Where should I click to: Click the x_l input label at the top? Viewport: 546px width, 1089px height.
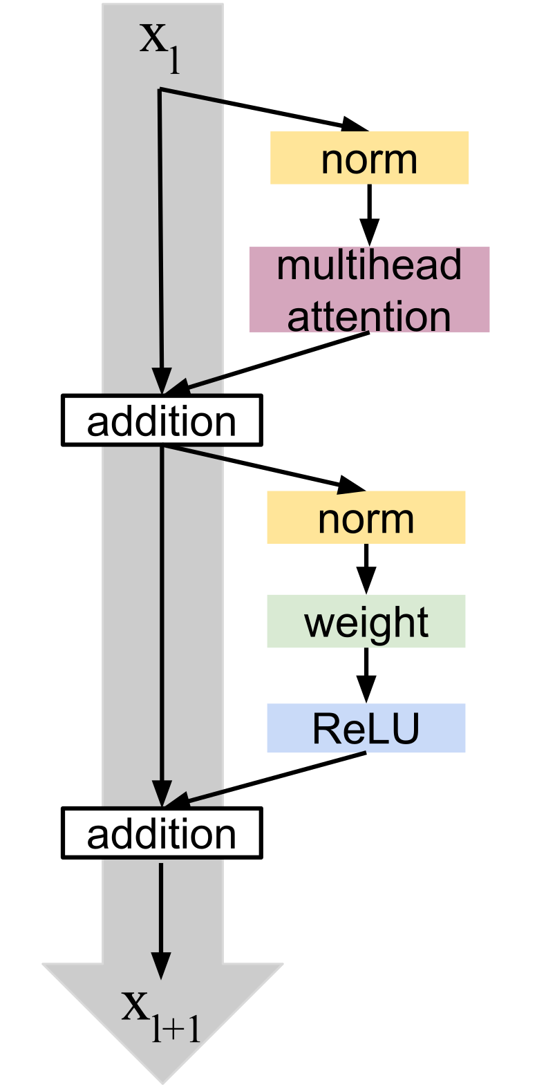click(x=160, y=45)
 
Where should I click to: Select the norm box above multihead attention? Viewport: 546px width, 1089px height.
click(x=369, y=158)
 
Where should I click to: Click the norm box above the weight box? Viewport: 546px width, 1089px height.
click(x=366, y=518)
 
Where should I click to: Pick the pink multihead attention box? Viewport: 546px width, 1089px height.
click(x=369, y=290)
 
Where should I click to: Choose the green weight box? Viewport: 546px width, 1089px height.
click(x=366, y=621)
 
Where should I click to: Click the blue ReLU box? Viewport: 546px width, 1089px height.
click(x=366, y=728)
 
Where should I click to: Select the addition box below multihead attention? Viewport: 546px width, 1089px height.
click(x=162, y=420)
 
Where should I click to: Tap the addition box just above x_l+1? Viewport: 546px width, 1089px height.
click(x=162, y=833)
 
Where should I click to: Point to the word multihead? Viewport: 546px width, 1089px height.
click(x=369, y=267)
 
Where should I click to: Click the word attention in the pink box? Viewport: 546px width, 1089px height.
click(x=369, y=315)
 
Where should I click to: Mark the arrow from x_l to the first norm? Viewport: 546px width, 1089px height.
click(x=263, y=109)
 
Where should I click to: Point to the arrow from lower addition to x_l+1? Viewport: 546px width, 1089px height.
click(x=161, y=919)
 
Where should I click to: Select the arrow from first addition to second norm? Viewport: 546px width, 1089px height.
click(x=263, y=468)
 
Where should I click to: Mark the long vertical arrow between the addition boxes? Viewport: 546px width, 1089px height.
click(x=162, y=622)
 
